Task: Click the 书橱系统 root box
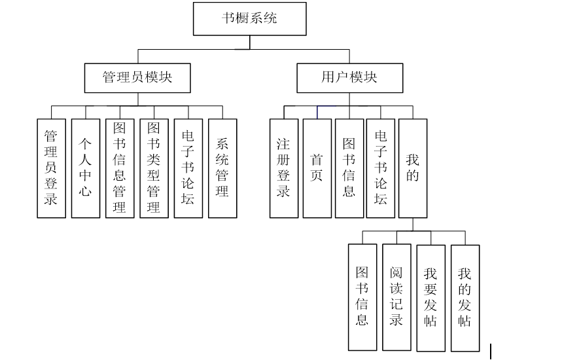(250, 18)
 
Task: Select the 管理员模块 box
(137, 77)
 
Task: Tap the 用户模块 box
(349, 77)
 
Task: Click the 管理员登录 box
(51, 168)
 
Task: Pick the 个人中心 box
(86, 168)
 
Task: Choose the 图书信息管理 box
(120, 168)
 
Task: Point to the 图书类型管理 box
(154, 168)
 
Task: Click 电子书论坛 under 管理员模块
(188, 168)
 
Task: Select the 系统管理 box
(222, 168)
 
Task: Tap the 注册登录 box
(284, 168)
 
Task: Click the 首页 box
(317, 168)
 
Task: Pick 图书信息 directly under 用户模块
(349, 168)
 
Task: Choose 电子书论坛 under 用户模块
(381, 168)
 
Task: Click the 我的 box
(413, 168)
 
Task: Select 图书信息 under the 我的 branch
(362, 297)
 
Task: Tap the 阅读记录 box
(396, 297)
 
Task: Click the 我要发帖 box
(430, 297)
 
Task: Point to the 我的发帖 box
(465, 297)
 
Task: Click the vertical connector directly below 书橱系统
(250, 43)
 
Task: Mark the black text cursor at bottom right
(491, 351)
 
